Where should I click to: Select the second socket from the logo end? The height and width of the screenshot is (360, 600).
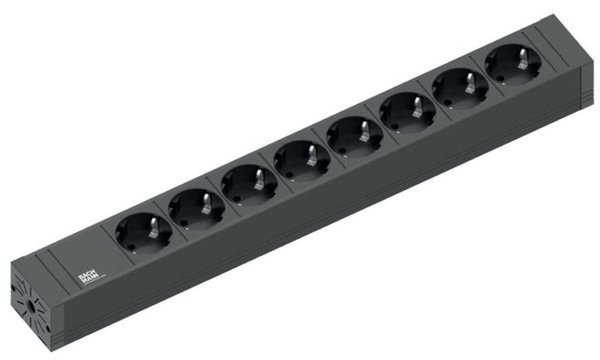click(x=193, y=209)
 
